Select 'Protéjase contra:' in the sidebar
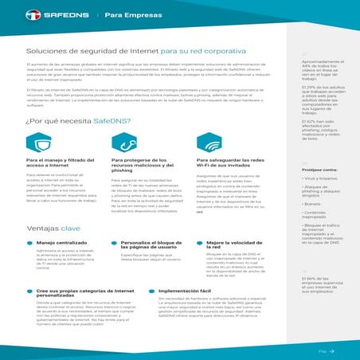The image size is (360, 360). [x=318, y=169]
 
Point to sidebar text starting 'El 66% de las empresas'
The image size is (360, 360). [x=322, y=284]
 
